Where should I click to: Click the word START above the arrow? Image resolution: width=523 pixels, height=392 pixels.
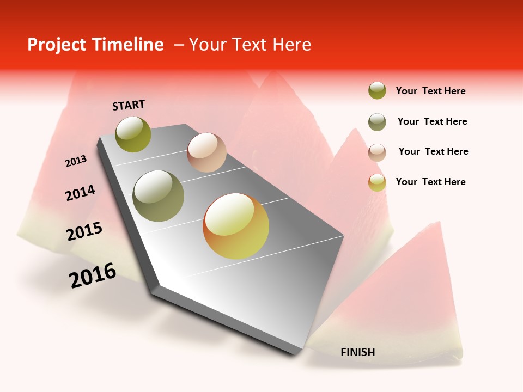129,105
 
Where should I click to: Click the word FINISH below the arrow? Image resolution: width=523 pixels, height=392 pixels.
358,352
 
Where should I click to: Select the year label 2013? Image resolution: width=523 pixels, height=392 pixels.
76,161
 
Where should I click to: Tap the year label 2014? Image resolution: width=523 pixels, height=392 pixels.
80,193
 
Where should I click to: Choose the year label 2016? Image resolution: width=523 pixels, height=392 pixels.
93,275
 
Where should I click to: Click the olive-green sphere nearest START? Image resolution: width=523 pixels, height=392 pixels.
133,134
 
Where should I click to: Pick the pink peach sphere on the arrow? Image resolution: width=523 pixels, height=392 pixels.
206,152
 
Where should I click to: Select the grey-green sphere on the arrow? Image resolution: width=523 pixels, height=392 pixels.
159,195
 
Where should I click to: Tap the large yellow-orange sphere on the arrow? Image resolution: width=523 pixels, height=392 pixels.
236,226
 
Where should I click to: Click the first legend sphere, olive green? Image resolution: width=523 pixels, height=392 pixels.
377,91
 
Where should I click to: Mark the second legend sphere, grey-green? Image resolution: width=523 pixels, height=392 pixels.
377,122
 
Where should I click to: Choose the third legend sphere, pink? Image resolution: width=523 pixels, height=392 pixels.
377,152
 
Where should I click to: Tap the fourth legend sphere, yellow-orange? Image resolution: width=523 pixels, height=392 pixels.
377,182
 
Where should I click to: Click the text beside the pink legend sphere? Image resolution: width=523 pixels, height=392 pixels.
433,151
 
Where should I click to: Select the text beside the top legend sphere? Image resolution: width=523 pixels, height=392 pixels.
430,91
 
